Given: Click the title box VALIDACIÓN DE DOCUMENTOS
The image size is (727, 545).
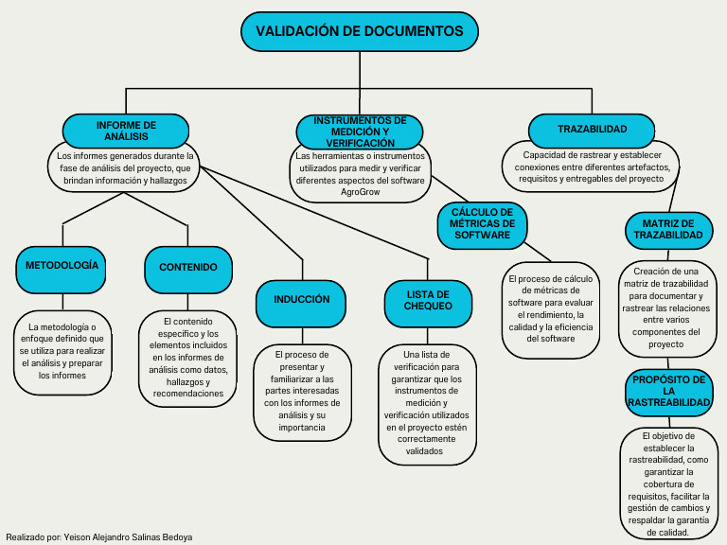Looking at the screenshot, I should click(360, 31).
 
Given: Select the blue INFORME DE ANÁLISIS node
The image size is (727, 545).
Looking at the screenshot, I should click(126, 131).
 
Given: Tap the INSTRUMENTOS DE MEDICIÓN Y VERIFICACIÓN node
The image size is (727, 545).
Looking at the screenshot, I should click(360, 131).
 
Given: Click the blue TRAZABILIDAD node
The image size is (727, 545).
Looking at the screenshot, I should click(592, 129).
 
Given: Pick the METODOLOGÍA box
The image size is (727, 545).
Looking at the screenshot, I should click(62, 266).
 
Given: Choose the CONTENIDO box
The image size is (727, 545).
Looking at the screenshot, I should click(188, 268).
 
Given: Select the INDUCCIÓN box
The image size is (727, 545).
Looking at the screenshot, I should click(302, 300).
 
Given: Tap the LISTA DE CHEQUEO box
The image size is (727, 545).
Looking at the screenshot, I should click(428, 301).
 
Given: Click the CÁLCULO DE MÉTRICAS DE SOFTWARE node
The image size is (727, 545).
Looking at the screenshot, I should click(482, 223).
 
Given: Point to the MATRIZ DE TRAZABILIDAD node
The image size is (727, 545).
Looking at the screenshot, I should click(668, 229).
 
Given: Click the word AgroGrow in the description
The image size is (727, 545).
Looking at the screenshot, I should click(360, 191).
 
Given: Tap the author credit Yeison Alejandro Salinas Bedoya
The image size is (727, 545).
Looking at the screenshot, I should click(128, 536).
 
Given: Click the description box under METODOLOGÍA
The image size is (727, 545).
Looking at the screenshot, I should click(62, 351).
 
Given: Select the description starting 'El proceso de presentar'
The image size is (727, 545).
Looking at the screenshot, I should click(302, 392).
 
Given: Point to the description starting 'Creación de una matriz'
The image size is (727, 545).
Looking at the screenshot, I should click(666, 308).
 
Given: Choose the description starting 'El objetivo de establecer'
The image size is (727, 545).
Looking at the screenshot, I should click(668, 483).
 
